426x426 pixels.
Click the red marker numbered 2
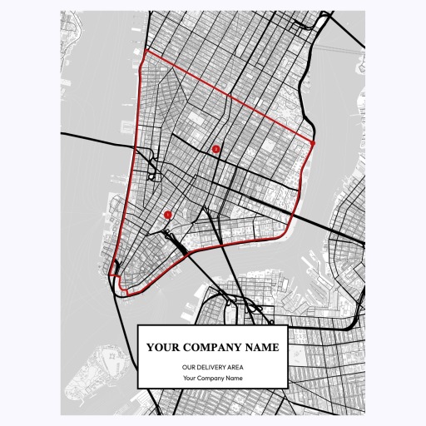216,149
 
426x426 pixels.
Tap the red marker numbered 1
168,214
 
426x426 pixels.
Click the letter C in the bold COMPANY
191,348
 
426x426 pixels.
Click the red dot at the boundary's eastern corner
314,142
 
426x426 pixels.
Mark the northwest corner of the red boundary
146,52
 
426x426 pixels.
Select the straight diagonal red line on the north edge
229,97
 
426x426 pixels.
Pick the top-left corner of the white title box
138,325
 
